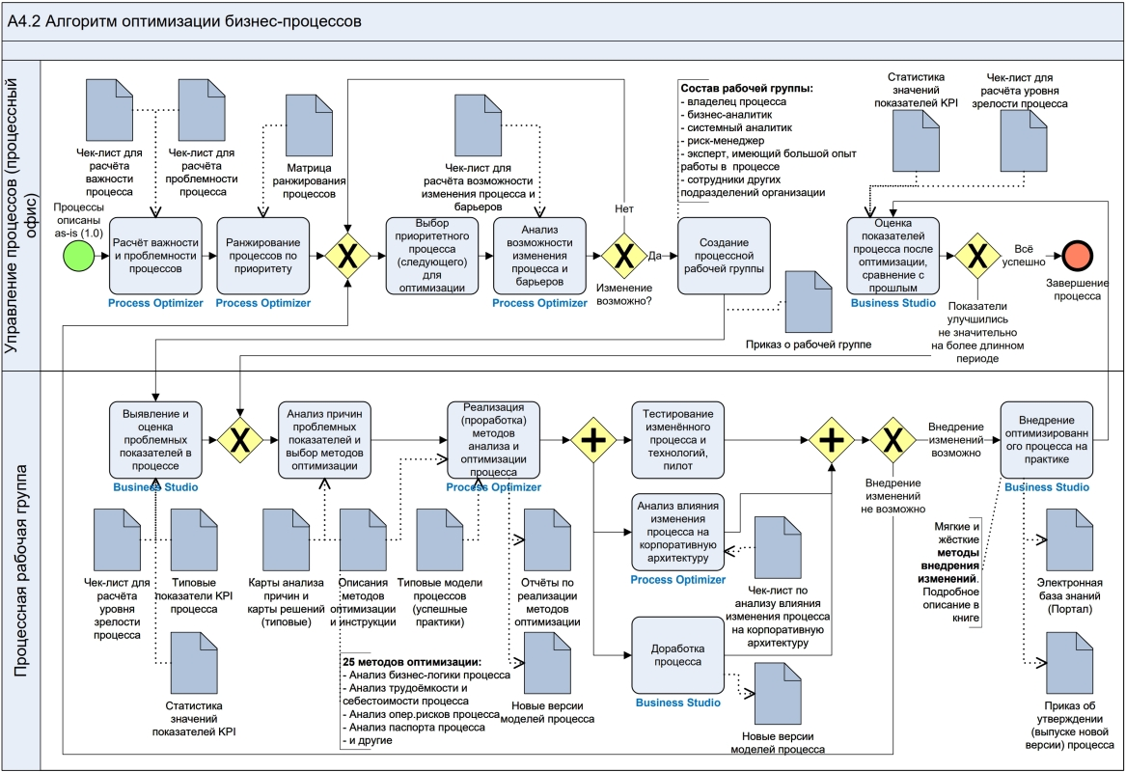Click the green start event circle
click(x=79, y=256)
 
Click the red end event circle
click(x=1073, y=256)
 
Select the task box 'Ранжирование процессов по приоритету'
click(x=263, y=256)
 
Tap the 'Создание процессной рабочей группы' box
click(x=724, y=256)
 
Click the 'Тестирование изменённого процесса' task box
click(x=677, y=440)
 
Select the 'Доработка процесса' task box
click(x=677, y=655)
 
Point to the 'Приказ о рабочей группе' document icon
click(x=808, y=300)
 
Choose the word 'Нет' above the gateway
click(x=624, y=207)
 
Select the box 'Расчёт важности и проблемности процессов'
click(x=156, y=256)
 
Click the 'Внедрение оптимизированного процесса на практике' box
click(x=1047, y=440)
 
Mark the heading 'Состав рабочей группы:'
click(x=747, y=88)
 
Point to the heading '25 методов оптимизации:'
click(x=412, y=662)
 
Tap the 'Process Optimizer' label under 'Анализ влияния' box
click(x=677, y=579)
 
